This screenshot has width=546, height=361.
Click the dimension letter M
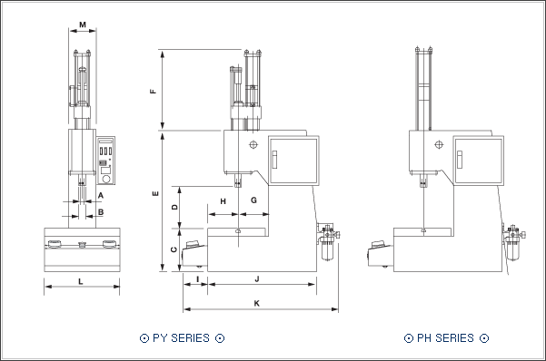click(83, 24)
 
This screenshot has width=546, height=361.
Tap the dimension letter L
click(81, 281)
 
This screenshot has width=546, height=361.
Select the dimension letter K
click(257, 303)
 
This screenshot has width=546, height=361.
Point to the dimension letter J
click(257, 279)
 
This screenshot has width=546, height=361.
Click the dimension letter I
click(198, 279)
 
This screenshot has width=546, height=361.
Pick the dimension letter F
click(154, 92)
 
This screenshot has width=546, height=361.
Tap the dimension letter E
click(155, 193)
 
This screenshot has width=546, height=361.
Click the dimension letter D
click(174, 207)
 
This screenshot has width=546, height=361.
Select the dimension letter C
click(174, 249)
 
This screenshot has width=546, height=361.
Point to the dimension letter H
click(223, 201)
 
